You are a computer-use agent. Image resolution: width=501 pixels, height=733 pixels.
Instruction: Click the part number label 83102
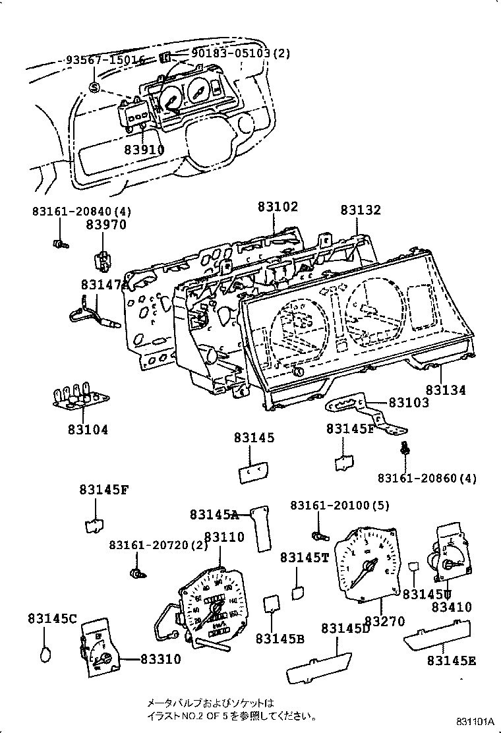pos(278,207)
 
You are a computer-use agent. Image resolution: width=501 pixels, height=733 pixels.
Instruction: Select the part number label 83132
pos(361,210)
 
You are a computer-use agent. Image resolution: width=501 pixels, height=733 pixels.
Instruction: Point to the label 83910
pos(144,150)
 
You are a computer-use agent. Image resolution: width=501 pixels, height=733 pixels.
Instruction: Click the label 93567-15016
pos(105,60)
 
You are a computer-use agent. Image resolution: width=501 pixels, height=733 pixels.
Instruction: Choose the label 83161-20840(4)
pos(82,212)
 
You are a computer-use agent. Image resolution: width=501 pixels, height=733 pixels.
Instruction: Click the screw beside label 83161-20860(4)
pos(405,449)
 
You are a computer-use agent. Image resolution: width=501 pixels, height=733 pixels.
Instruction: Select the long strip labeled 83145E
pos(436,637)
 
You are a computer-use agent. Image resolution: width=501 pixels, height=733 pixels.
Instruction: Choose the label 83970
pos(105,225)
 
